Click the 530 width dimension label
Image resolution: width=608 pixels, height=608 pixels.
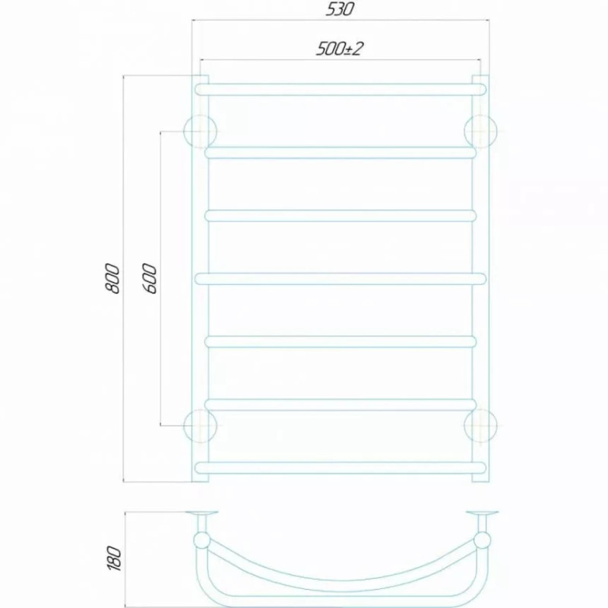coord(340,9)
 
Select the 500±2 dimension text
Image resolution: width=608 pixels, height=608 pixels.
coord(340,49)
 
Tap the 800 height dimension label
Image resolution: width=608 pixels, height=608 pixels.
coord(112,278)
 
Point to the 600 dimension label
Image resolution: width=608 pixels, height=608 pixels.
coord(150,278)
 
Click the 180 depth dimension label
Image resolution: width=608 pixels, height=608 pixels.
coord(114,558)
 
